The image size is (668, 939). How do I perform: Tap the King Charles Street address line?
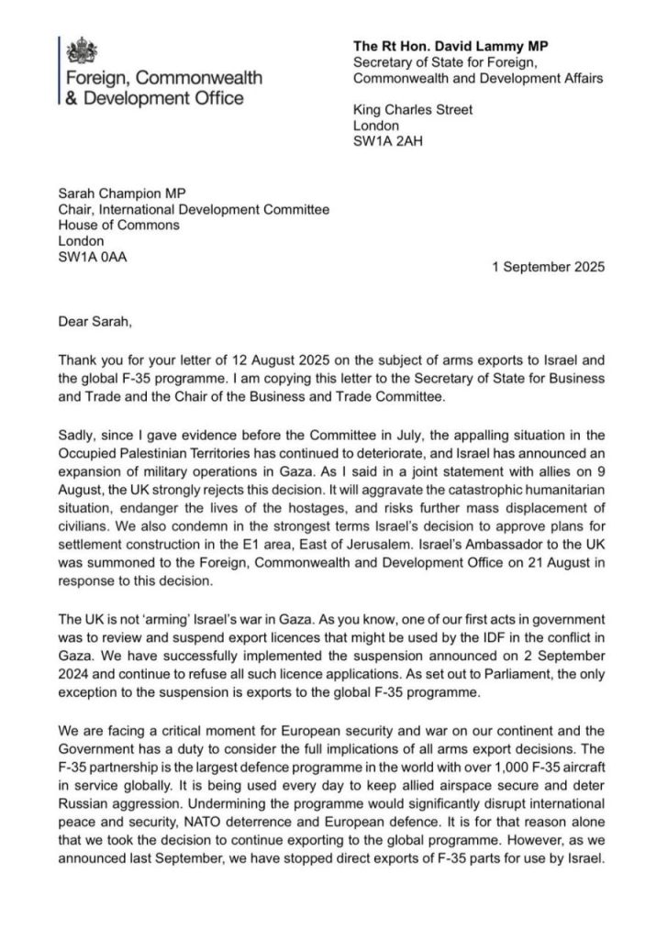[x=413, y=110]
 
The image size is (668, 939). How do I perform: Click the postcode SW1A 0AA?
[x=92, y=257]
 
